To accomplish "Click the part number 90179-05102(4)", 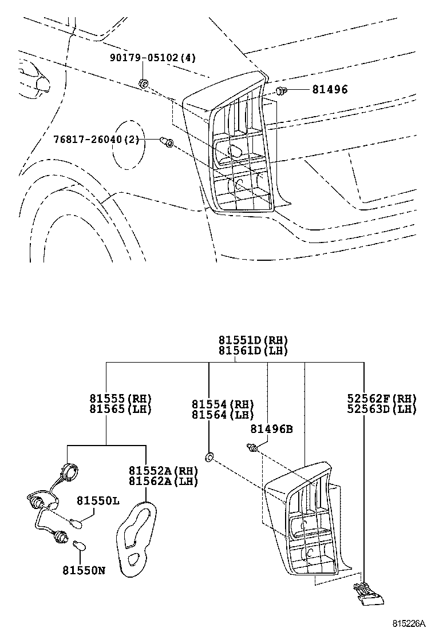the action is pos(153,58).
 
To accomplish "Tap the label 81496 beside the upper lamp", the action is pos(330,89).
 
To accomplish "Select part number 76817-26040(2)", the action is pos(96,140).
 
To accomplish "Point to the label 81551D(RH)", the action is pos(253,340).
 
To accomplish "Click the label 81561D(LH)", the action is pos(253,351).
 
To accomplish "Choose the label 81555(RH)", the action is pos(121,398).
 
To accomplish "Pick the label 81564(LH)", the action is pos(223,415).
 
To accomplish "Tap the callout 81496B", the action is pos(271,429).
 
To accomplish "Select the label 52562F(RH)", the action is pos(382,398).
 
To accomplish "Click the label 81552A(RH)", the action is pos(164,471).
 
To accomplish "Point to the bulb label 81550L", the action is pos(98,501).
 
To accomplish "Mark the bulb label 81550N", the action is pos(84,570).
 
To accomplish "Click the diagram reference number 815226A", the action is pos(409,623).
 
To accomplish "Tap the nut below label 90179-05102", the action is pos(143,84).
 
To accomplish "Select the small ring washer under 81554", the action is pos(209,457).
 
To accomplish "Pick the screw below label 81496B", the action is pos(252,448).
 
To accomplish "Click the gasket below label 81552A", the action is pos(136,538).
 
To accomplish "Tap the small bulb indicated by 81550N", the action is pos(80,546).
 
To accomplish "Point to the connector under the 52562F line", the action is pos(369,594).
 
